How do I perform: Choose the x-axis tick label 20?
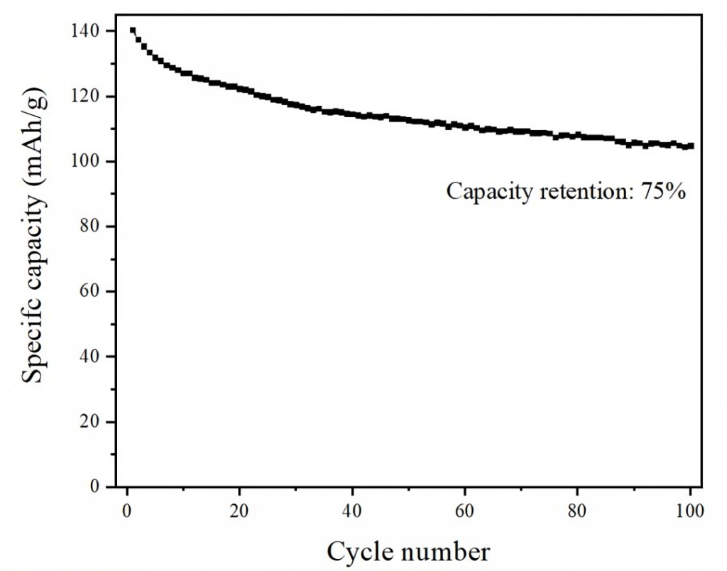click(x=239, y=511)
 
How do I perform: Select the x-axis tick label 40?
click(x=352, y=511)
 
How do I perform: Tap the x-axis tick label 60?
click(x=464, y=511)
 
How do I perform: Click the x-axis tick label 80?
click(x=577, y=511)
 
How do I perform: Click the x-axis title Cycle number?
click(x=408, y=551)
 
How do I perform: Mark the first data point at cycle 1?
click(x=133, y=31)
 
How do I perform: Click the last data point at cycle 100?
click(x=690, y=146)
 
